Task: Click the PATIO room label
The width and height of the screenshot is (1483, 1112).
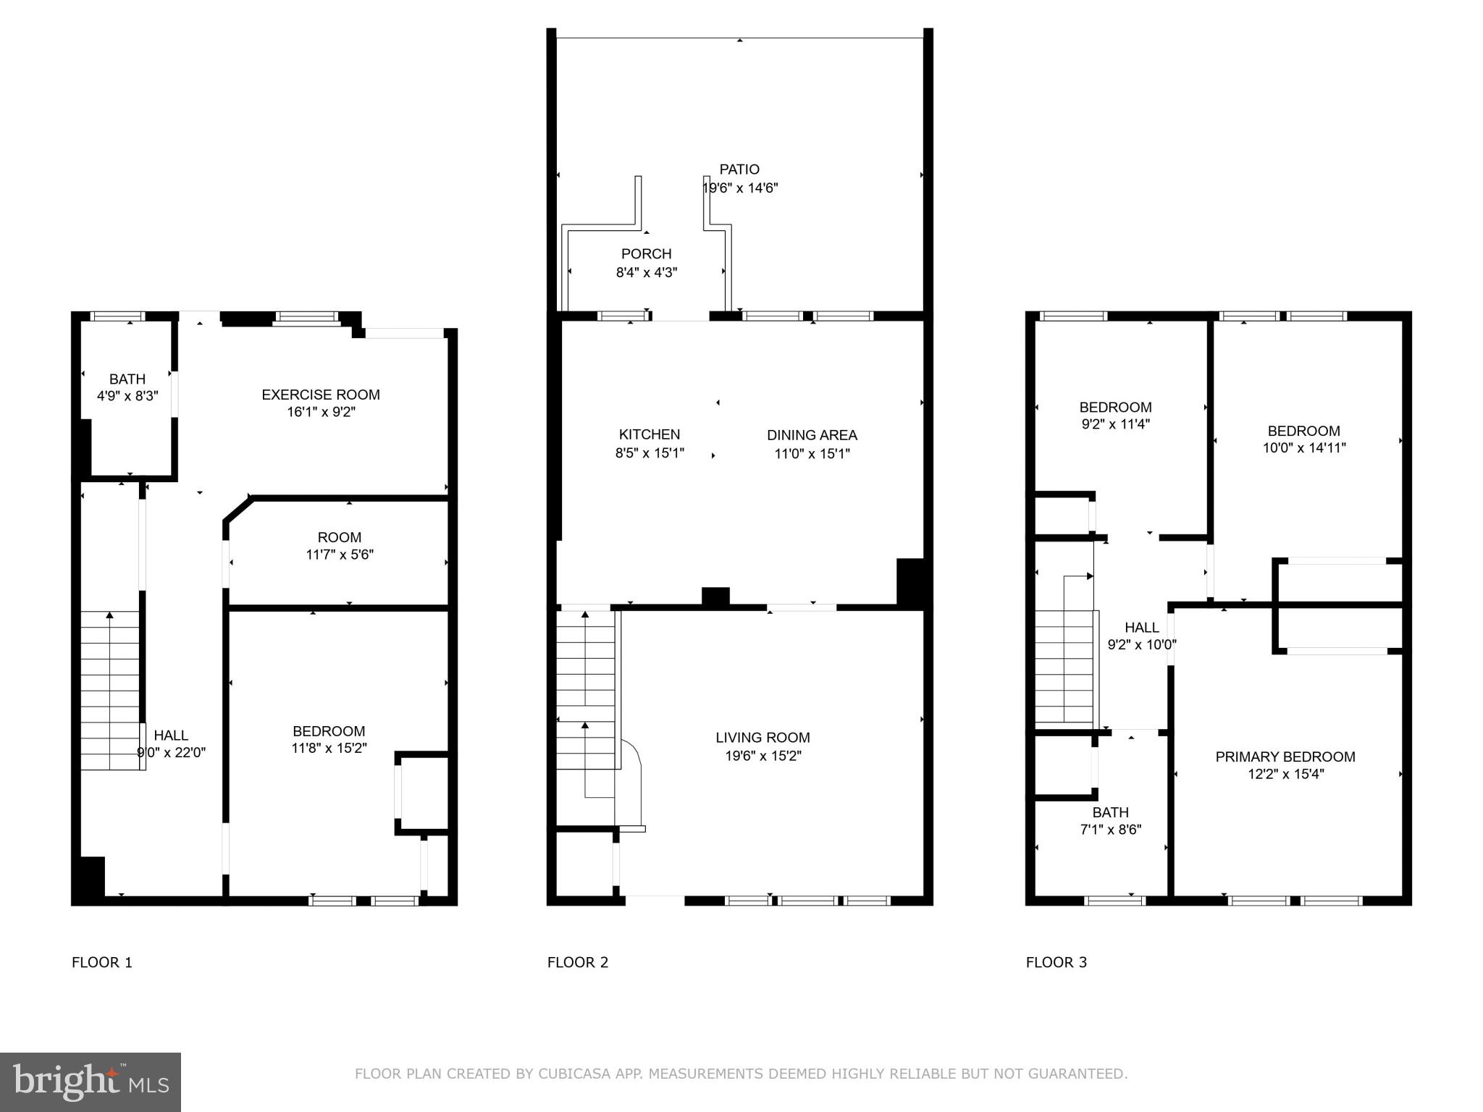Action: click(739, 169)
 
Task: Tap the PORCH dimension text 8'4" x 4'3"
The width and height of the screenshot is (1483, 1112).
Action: click(647, 273)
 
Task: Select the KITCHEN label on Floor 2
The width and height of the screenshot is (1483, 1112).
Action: click(650, 434)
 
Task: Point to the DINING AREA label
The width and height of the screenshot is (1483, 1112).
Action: click(812, 435)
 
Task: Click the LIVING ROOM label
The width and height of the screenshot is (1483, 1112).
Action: click(762, 738)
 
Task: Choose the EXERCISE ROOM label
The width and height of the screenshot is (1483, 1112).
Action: click(321, 395)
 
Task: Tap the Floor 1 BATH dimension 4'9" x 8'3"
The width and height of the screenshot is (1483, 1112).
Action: click(127, 396)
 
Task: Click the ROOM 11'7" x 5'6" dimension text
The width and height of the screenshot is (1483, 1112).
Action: click(340, 555)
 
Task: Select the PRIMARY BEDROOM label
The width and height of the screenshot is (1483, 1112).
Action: click(1285, 757)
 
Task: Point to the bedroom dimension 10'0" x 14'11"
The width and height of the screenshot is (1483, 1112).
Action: click(1304, 447)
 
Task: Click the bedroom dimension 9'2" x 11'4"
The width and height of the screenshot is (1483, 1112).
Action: click(1115, 424)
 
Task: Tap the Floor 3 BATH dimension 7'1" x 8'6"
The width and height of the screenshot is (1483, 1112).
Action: click(1111, 830)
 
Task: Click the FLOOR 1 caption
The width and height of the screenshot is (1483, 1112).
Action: click(102, 962)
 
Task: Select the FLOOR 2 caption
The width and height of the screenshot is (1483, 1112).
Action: click(578, 962)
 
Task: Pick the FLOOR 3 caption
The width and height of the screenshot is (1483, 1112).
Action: click(1056, 962)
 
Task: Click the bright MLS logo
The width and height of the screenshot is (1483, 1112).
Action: click(91, 1082)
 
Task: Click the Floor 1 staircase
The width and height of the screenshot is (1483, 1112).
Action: click(110, 690)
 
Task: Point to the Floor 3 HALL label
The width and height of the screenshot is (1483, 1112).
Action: click(1142, 628)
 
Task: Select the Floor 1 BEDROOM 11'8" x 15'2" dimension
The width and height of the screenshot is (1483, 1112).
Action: click(329, 748)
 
